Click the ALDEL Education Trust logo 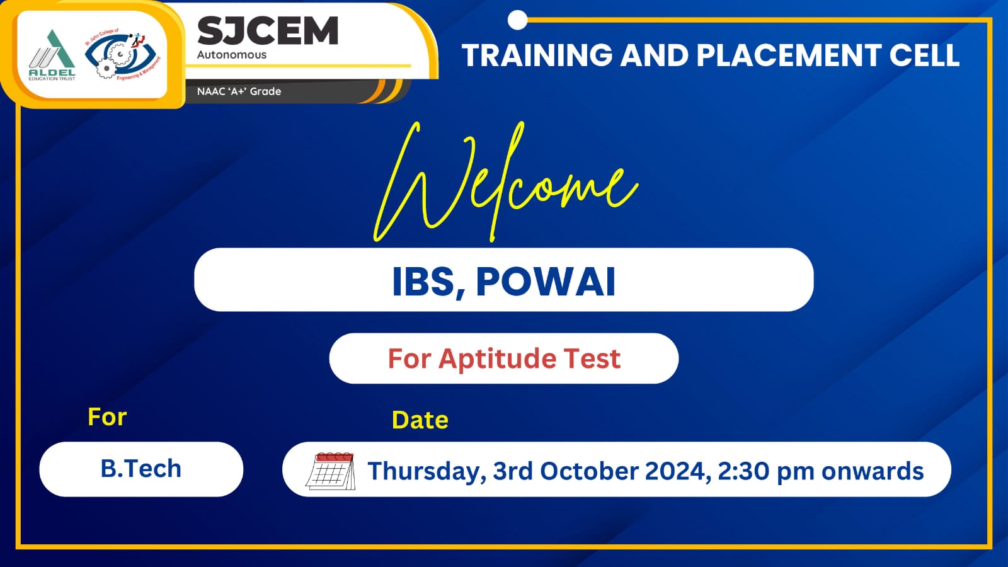click(x=52, y=55)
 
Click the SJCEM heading click(x=268, y=31)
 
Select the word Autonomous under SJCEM click(x=232, y=55)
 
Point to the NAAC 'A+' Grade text click(x=239, y=91)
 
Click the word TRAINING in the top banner click(x=537, y=55)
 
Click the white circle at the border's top click(x=517, y=20)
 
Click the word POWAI click(x=546, y=282)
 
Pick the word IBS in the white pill click(x=423, y=282)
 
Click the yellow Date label click(x=420, y=420)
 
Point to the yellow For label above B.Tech click(x=107, y=416)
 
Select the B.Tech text click(x=141, y=469)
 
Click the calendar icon click(x=330, y=471)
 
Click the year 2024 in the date click(x=678, y=471)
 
